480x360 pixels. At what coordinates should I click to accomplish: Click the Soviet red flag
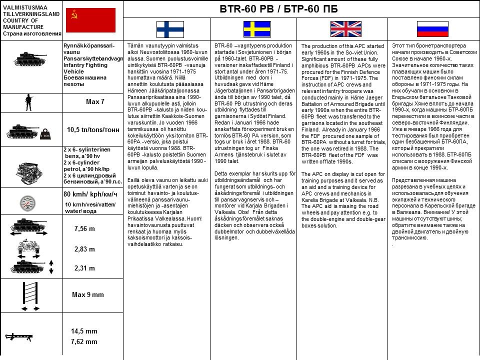pos(90,21)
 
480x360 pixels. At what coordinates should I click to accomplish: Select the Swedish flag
pos(257,29)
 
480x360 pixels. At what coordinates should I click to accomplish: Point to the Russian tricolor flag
pos(432,29)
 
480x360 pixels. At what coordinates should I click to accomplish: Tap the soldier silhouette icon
pos(28,102)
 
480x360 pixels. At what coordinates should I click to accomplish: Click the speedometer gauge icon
pos(27,202)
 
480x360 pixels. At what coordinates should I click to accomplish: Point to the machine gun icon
pos(20,336)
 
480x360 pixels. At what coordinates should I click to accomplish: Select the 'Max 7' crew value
pos(95,102)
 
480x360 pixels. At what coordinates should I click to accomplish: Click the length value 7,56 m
pos(84,228)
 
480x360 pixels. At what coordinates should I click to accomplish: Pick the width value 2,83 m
pos(84,249)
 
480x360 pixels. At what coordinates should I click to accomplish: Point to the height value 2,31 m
pos(84,268)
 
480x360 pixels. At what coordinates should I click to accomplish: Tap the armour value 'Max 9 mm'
pos(88,294)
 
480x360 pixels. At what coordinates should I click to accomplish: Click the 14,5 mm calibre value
pos(84,331)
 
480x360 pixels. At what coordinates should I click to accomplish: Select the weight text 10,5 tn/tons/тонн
pos(93,129)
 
